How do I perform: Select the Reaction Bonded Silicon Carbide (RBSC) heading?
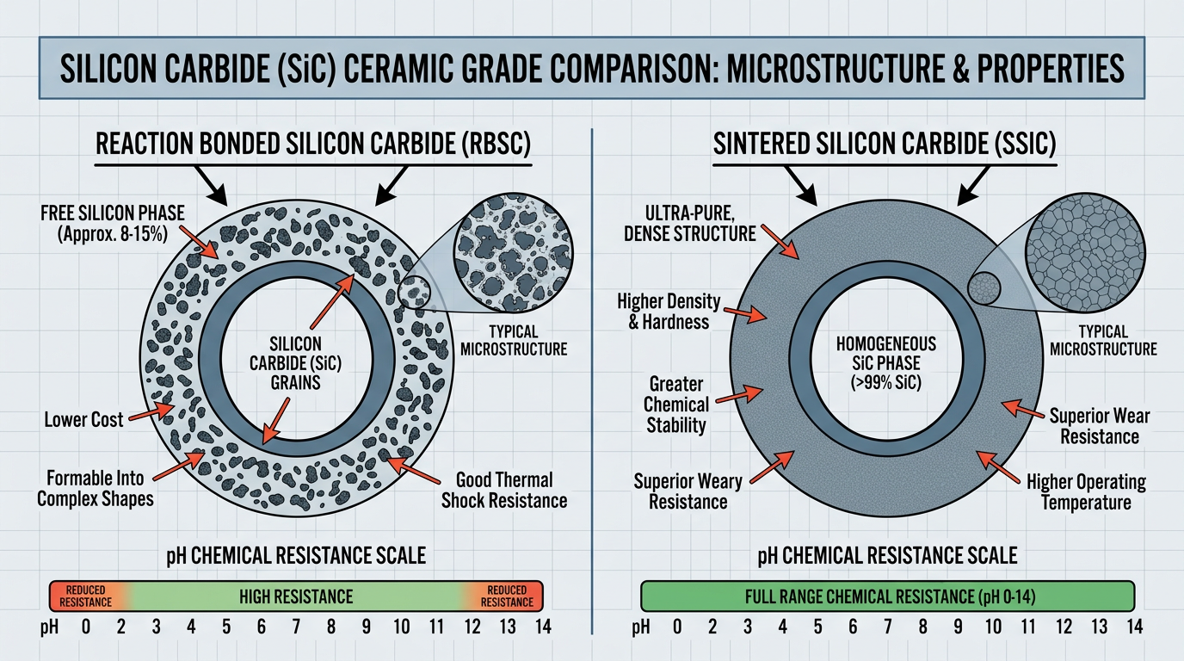pos(313,143)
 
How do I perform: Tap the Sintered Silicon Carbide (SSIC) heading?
pos(885,143)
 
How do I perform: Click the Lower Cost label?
pos(84,420)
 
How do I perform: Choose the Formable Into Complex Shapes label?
pos(95,487)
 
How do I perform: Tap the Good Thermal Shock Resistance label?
pos(504,490)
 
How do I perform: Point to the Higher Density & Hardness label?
pos(663,312)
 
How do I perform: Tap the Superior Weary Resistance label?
pos(687,491)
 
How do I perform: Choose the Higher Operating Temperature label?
pos(1086,491)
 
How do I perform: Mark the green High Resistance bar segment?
pos(297,596)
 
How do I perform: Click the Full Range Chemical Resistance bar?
pos(888,596)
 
